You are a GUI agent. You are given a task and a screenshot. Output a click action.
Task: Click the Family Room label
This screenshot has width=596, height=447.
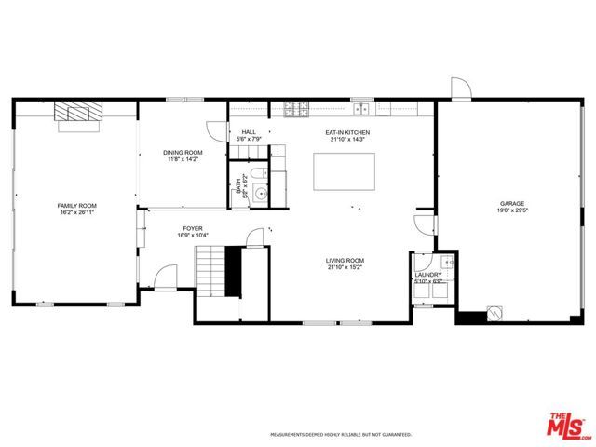pos(76,205)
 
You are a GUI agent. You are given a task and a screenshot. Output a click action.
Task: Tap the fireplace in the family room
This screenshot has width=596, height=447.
pos(77,114)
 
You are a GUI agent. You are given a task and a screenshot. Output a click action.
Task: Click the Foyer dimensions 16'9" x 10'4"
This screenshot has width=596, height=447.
pos(193,234)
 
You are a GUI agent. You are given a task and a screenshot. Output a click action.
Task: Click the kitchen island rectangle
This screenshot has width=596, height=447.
pos(345,170)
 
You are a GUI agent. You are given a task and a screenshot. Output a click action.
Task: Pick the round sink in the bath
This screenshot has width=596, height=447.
pos(261,194)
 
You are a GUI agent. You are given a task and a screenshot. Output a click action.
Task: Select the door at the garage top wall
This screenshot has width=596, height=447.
pos(459,88)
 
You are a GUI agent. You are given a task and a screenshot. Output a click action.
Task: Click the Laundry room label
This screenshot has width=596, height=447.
pos(427,275)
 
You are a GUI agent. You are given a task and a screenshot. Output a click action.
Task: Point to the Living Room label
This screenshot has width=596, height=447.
pos(345,261)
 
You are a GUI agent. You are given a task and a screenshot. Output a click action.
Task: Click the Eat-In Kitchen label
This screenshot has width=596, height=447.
pos(347,133)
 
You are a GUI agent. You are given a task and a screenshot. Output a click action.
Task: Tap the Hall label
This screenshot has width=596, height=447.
pos(249,132)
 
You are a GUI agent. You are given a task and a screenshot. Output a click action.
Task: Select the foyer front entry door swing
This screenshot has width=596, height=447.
pos(166,277)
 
